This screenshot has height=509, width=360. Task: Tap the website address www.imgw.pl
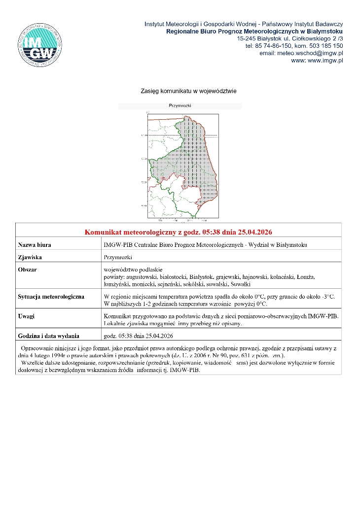(324, 61)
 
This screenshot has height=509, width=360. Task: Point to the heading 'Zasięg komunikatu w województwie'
(189, 91)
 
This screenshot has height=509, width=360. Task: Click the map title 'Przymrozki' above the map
(180, 105)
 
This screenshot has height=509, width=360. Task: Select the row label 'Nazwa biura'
(35, 245)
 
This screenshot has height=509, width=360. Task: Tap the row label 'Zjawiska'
(30, 257)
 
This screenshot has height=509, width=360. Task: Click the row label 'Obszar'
(27, 270)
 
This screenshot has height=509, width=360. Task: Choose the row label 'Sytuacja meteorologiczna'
(51, 297)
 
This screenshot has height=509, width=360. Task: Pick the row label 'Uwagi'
(26, 316)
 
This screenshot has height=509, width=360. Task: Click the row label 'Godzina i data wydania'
(48, 336)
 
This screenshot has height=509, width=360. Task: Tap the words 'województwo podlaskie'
(129, 270)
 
